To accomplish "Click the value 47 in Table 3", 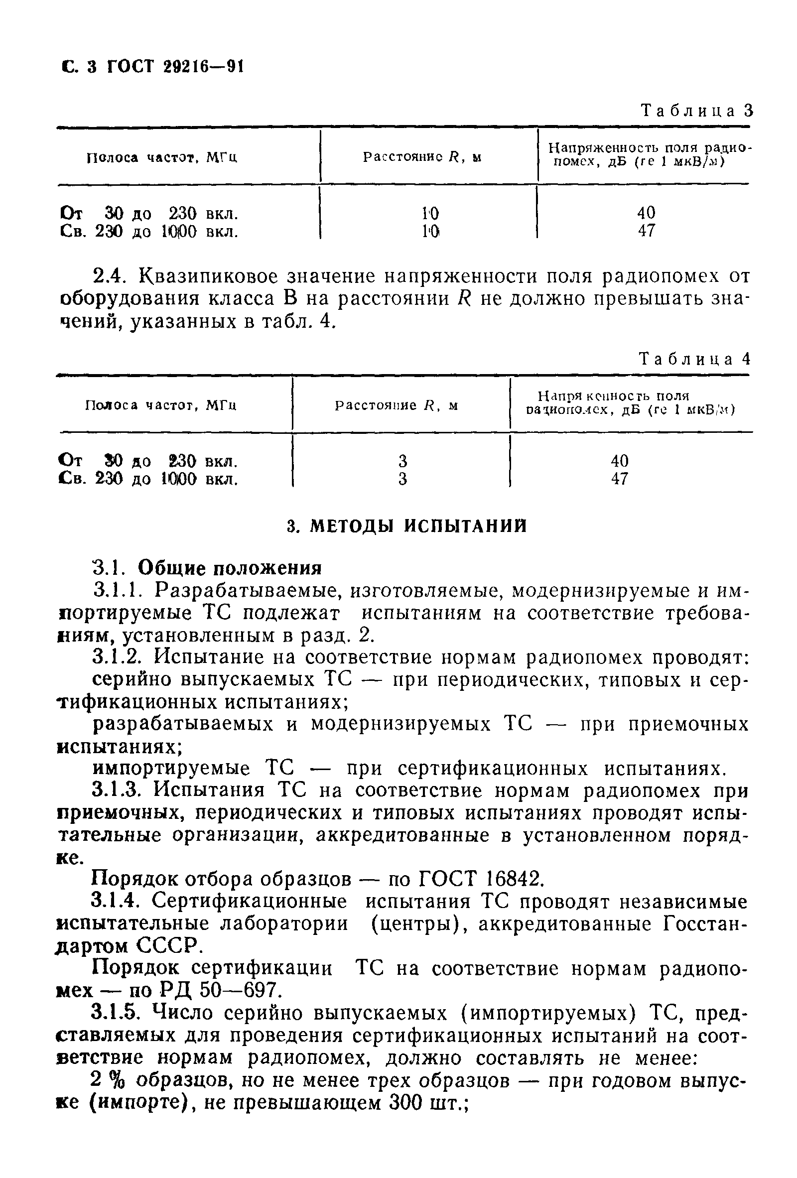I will click(x=646, y=231).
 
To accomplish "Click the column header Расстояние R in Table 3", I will click(x=422, y=157).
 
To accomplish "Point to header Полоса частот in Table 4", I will click(x=161, y=405).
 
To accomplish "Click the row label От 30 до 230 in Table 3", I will click(x=149, y=213).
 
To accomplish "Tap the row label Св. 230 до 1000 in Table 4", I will click(x=149, y=479).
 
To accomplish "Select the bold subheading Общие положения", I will click(x=230, y=568).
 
